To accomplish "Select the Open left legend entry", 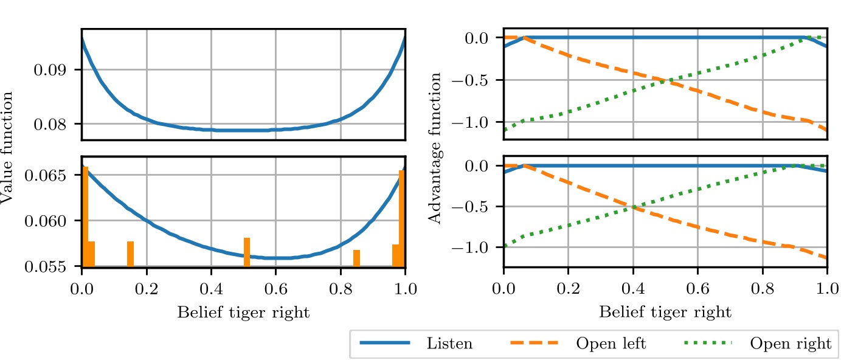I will tap(577, 344).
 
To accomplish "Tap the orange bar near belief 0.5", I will tap(247, 252).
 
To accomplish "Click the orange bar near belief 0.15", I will tap(130, 254).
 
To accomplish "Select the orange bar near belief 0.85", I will tap(356, 258).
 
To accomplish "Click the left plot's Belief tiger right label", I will tap(243, 313).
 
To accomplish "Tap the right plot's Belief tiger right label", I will tap(665, 313).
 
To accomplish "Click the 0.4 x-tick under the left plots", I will tap(211, 289).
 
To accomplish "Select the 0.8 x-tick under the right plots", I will tap(762, 289).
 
